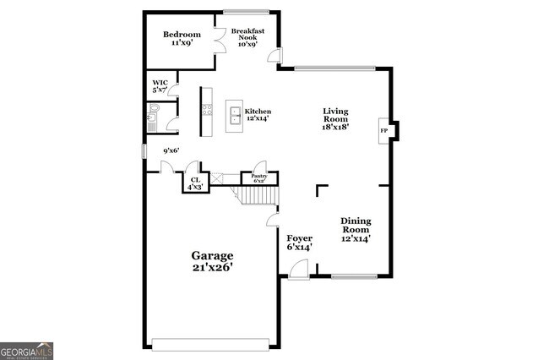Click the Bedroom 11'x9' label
click(182, 38)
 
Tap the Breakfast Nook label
click(247, 38)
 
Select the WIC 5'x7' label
click(160, 86)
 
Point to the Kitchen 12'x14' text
click(257, 115)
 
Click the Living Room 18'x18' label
click(335, 119)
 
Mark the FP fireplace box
click(384, 130)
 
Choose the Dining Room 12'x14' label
click(356, 229)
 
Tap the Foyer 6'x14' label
click(299, 243)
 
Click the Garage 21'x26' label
click(211, 261)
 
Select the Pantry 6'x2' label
click(259, 178)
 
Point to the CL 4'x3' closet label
click(195, 183)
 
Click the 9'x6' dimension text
click(171, 151)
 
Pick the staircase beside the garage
click(256, 196)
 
